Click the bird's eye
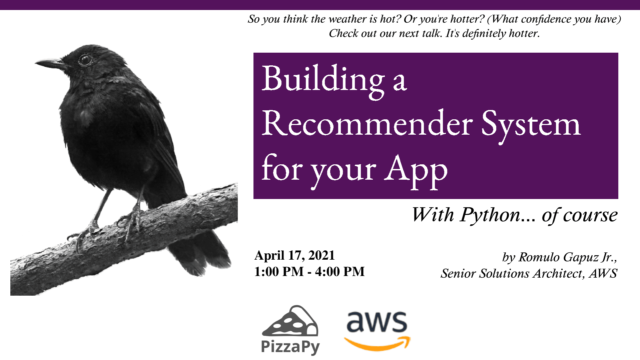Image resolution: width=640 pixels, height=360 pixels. tap(85, 60)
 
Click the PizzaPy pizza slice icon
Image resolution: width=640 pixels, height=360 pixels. tap(290, 321)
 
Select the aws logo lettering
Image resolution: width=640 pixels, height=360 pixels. tap(377, 322)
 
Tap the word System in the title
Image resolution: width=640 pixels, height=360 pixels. tap(531, 126)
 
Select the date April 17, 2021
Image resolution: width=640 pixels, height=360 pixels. tap(294, 255)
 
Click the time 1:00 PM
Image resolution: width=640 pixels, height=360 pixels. tap(279, 272)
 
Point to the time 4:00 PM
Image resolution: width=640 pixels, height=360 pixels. tap(340, 272)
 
